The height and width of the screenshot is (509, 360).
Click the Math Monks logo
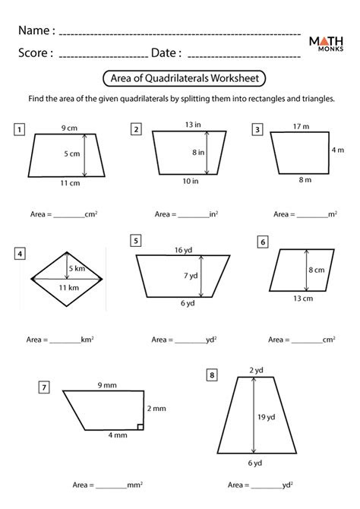tap(329, 45)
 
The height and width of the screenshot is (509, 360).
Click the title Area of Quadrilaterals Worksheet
tap(179, 78)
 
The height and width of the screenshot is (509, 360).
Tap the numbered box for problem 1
tap(18, 129)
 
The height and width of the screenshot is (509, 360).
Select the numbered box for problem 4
tap(20, 254)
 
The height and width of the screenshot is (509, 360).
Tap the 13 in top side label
tap(191, 125)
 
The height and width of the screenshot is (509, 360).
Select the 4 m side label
tap(338, 150)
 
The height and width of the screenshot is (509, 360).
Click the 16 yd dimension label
tap(182, 249)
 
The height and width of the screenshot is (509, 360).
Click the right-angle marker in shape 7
tap(141, 426)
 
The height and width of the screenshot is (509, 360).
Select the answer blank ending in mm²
tap(112, 484)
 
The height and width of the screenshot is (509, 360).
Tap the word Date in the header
tap(166, 53)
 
